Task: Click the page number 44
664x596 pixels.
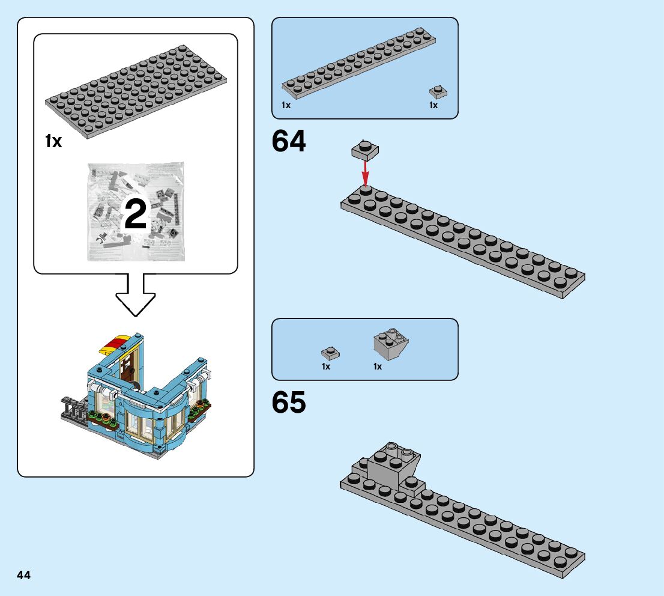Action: click(24, 575)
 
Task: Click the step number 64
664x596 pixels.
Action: click(289, 142)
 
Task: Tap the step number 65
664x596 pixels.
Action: click(289, 403)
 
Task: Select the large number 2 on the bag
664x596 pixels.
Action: click(135, 215)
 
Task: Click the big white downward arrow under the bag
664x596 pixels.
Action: click(136, 295)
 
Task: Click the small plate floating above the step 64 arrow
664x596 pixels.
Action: click(365, 150)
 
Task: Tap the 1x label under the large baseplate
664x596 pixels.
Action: click(53, 142)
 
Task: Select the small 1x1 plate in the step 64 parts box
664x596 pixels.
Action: click(438, 92)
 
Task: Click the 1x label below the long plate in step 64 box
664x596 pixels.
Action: click(286, 105)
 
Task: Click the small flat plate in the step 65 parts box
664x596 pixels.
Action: click(330, 352)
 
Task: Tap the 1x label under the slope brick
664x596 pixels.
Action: click(378, 366)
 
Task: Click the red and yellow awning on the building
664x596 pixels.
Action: click(113, 344)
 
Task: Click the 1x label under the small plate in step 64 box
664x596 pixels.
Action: click(433, 105)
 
